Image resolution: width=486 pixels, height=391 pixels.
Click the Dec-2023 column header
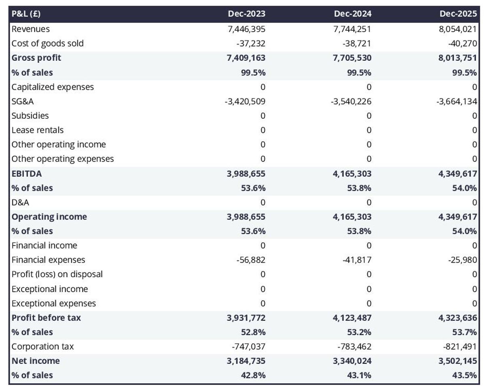pos(246,14)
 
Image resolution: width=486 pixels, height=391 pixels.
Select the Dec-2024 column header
pos(352,14)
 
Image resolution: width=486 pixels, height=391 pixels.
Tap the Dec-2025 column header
pos(458,14)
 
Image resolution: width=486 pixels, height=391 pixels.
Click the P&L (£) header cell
pos(26,14)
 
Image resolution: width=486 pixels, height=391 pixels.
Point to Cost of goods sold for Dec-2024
pos(356,43)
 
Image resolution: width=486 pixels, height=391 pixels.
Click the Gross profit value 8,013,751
pos(455,58)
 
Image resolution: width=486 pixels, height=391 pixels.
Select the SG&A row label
pos(23,101)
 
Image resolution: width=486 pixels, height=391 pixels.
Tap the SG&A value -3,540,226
pos(351,101)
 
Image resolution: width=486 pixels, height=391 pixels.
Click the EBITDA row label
pos(27,174)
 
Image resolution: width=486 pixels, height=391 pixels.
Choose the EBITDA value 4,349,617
pos(455,174)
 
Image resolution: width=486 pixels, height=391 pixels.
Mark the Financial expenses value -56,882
pos(251,260)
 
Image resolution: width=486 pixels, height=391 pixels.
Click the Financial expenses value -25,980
pos(463,260)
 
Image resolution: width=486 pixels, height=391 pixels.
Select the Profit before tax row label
pos(46,318)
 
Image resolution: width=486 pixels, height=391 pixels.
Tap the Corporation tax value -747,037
pos(248,347)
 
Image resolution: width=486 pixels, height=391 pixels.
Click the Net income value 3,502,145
pos(455,361)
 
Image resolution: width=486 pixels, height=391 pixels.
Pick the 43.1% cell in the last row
pos(359,376)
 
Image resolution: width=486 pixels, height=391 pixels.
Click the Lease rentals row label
pos(38,130)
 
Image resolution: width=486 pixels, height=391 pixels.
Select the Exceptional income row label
pos(50,289)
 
